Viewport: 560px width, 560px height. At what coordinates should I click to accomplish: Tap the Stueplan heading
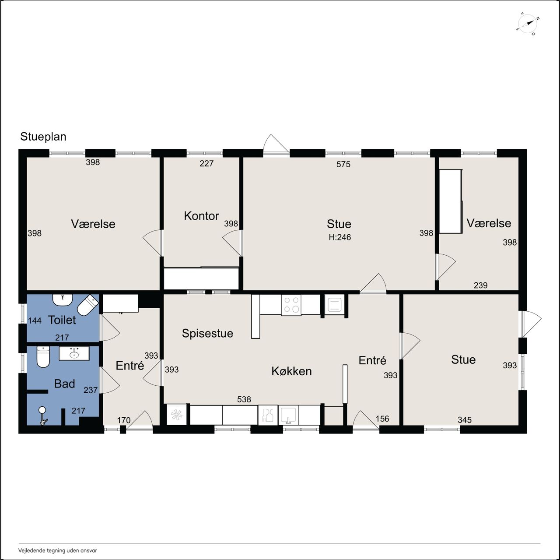[43, 137]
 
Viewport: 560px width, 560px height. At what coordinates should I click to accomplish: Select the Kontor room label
[201, 216]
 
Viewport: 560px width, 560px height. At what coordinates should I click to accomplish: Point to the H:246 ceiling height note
[340, 237]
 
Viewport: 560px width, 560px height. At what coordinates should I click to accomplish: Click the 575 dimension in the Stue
[343, 164]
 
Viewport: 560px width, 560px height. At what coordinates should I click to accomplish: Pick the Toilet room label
[62, 320]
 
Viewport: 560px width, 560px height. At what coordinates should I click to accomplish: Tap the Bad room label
[64, 384]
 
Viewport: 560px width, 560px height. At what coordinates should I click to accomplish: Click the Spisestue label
[207, 333]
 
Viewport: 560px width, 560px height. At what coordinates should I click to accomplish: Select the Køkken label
[291, 371]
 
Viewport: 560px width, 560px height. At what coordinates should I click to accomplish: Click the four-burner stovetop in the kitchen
[291, 305]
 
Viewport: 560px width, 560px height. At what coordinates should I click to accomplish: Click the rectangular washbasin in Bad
[74, 353]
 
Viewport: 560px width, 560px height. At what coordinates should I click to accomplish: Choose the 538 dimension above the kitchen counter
[244, 399]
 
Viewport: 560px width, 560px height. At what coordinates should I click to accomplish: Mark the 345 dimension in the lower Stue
[464, 420]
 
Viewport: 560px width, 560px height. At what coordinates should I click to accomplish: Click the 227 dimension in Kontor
[206, 163]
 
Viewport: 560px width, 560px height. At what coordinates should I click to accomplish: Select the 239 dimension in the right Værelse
[480, 285]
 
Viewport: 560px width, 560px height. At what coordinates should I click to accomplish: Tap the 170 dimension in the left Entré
[124, 420]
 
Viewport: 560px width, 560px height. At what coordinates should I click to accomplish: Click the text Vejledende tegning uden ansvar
[58, 550]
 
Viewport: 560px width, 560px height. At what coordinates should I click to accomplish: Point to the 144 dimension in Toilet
[35, 321]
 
